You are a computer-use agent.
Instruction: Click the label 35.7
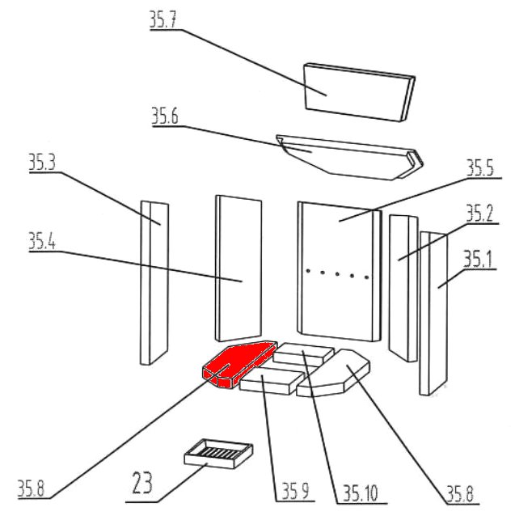pyautogui.click(x=163, y=19)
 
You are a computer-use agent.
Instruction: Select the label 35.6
pyautogui.click(x=165, y=116)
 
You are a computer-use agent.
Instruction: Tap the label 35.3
pyautogui.click(x=42, y=163)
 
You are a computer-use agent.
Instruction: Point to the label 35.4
pyautogui.click(x=42, y=241)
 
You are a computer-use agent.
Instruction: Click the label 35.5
pyautogui.click(x=480, y=168)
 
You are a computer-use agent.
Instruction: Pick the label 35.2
pyautogui.click(x=479, y=214)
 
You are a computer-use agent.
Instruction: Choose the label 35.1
pyautogui.click(x=478, y=260)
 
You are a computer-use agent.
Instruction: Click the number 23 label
pyautogui.click(x=142, y=482)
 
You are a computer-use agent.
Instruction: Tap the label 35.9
pyautogui.click(x=296, y=492)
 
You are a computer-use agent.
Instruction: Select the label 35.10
pyautogui.click(x=361, y=493)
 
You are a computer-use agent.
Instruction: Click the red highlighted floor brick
pyautogui.click(x=239, y=364)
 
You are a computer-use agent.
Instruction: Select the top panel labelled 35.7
pyautogui.click(x=359, y=92)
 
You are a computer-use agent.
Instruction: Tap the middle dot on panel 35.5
pyautogui.click(x=337, y=274)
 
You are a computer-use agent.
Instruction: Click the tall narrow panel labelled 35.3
pyautogui.click(x=154, y=282)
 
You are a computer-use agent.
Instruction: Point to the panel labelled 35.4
pyautogui.click(x=239, y=269)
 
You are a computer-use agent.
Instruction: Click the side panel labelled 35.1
pyautogui.click(x=434, y=314)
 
